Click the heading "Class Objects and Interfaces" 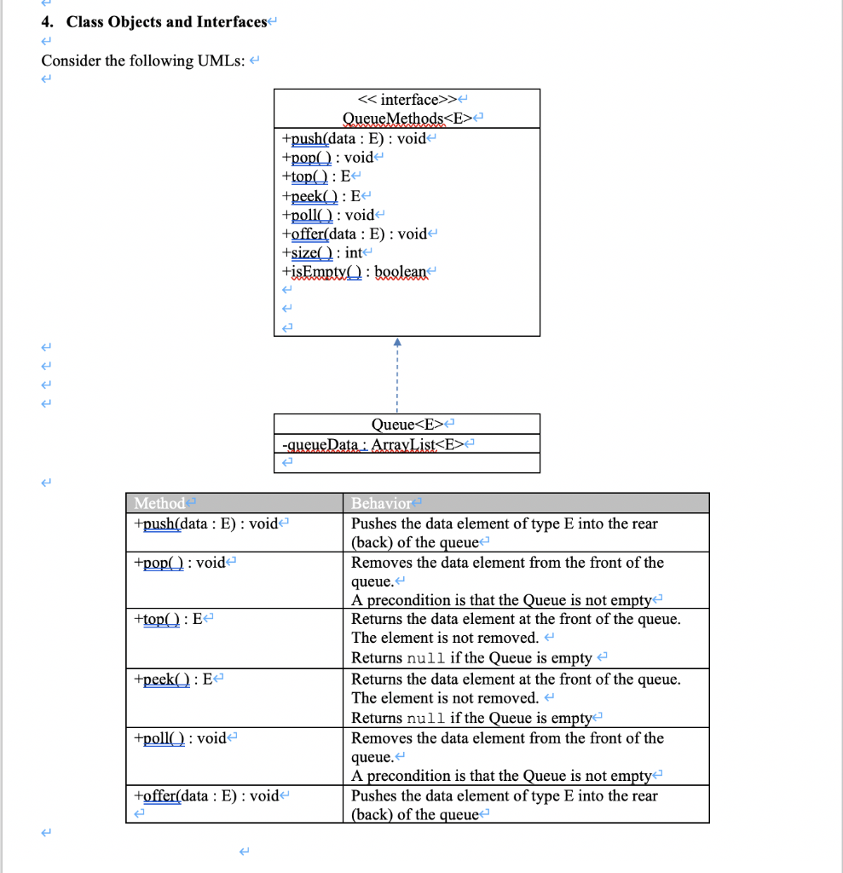tap(166, 22)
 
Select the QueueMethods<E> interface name tap(408, 119)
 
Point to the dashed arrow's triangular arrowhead tap(396, 343)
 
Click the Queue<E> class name tap(408, 424)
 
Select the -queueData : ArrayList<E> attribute tap(376, 443)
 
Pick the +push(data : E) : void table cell tap(205, 523)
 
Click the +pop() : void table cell tap(183, 563)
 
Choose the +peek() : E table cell tap(173, 679)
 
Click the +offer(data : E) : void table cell tap(206, 795)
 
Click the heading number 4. tap(47, 22)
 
